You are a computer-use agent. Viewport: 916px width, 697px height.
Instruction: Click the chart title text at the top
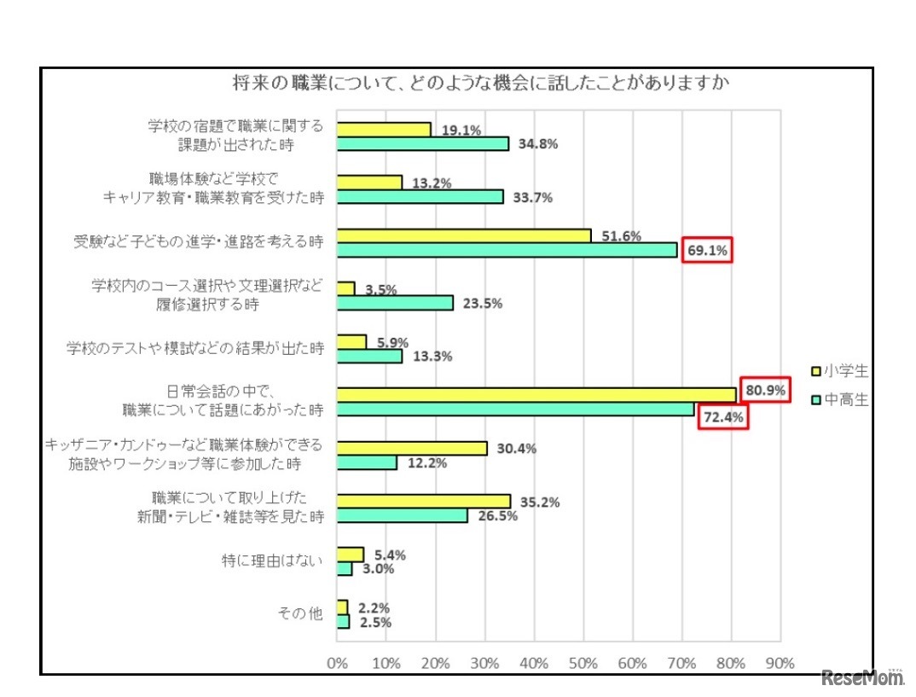456,83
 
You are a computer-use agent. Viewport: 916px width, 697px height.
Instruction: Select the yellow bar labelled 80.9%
536,394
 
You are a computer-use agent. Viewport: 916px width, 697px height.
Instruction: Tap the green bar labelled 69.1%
507,250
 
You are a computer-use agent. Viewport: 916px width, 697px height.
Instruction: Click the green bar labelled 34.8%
423,143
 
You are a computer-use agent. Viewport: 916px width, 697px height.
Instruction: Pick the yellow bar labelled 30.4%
412,448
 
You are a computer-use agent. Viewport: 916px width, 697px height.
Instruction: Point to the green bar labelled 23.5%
395,303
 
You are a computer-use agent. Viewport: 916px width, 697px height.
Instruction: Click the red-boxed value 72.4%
723,418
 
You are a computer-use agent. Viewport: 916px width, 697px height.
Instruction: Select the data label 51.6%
621,236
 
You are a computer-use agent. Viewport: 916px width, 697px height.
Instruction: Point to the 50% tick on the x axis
583,663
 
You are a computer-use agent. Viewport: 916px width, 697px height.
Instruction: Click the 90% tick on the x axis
780,663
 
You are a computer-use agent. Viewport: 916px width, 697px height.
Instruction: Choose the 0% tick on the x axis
337,663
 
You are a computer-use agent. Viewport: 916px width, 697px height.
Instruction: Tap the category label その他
300,613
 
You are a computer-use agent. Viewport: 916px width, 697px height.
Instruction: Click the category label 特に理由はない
272,561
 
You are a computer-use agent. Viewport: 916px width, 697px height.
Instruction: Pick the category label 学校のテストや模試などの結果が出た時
195,348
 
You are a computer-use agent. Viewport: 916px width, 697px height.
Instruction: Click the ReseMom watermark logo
862,679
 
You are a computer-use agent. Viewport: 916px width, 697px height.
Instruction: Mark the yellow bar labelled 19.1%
384,129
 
